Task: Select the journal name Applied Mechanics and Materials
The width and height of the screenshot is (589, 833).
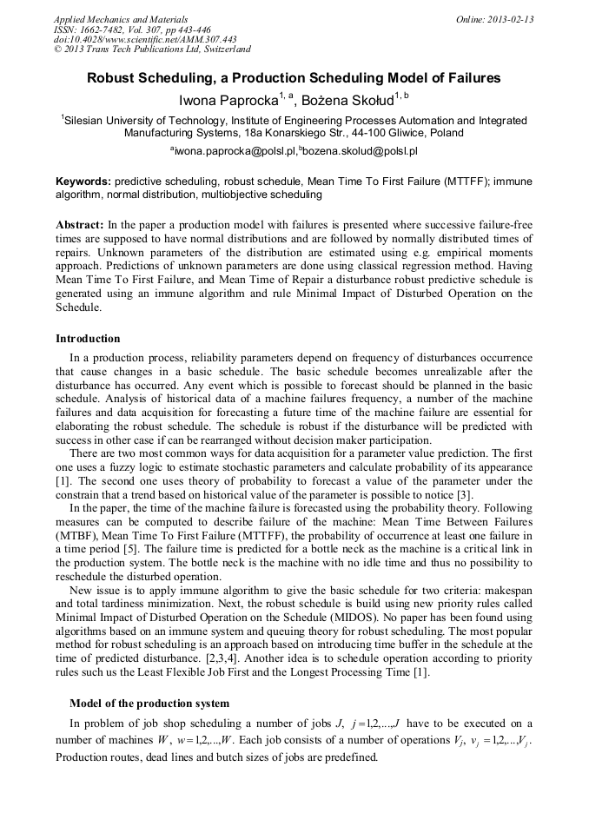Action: coord(120,19)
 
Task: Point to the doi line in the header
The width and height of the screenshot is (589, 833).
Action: coord(145,40)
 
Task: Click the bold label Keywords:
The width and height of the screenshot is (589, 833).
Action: coord(83,182)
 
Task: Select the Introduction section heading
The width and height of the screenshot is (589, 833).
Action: coord(88,338)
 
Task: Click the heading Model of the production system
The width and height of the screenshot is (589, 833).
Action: coord(149,703)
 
